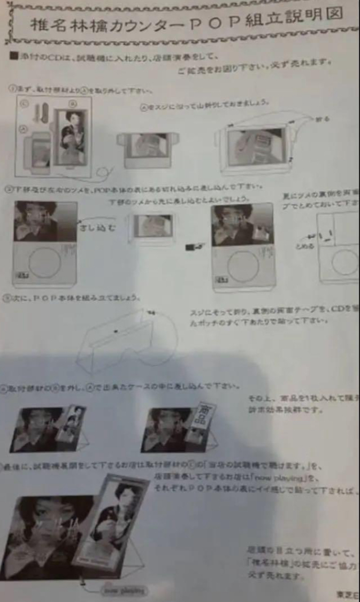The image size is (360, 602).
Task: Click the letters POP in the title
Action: point(211,25)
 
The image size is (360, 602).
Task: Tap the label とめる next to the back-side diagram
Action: point(303,246)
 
